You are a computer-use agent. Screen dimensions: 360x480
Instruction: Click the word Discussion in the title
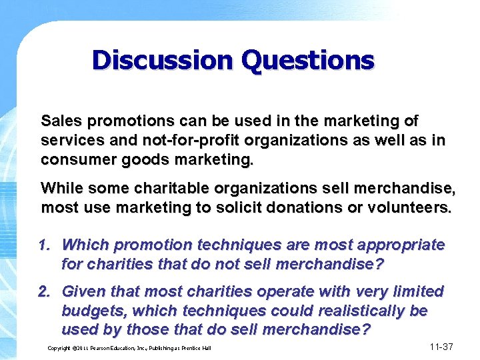162,61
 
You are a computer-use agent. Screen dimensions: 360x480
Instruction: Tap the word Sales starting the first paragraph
61,121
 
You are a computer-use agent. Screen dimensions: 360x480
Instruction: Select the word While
60,188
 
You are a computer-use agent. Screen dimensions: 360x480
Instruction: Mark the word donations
298,208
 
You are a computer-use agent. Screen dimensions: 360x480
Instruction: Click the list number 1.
44,245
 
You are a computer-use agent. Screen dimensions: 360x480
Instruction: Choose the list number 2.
44,291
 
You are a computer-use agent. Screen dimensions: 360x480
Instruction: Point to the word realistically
359,311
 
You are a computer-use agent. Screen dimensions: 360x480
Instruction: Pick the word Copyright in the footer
61,348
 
